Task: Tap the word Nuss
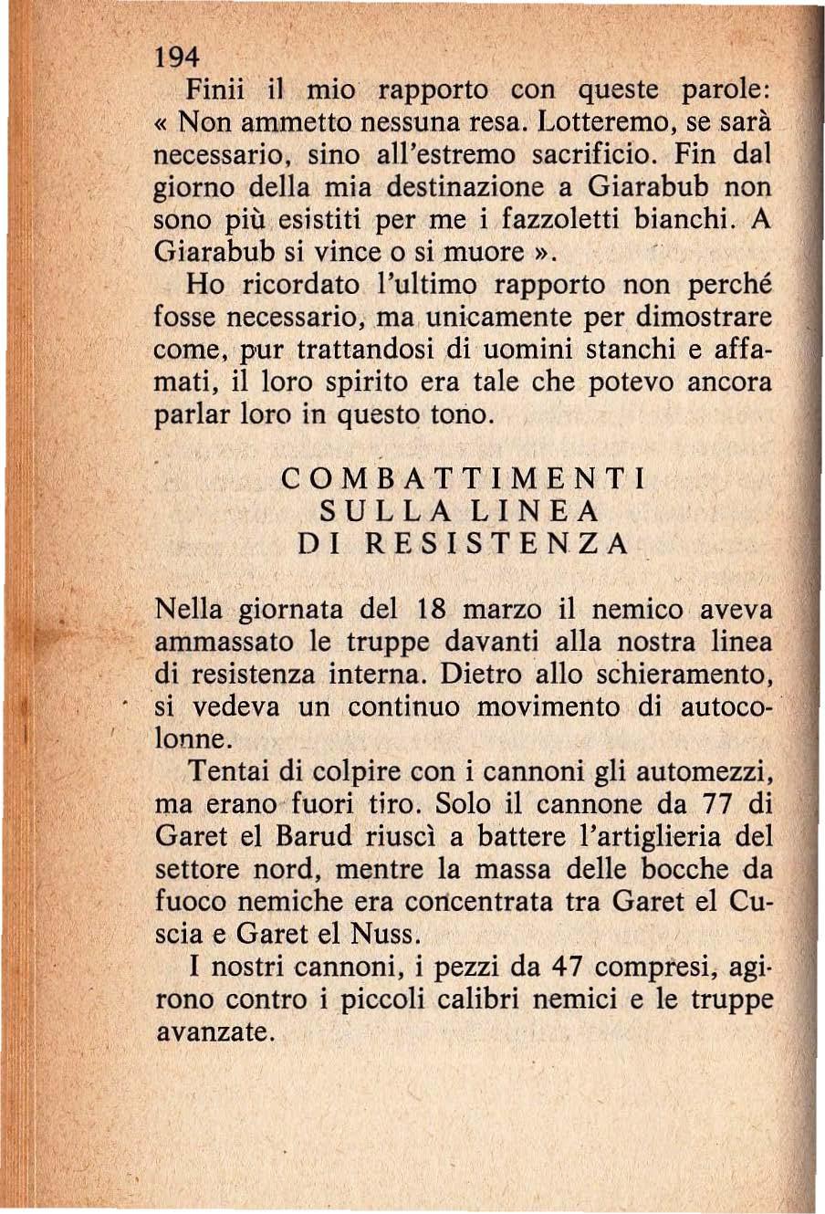384,935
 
